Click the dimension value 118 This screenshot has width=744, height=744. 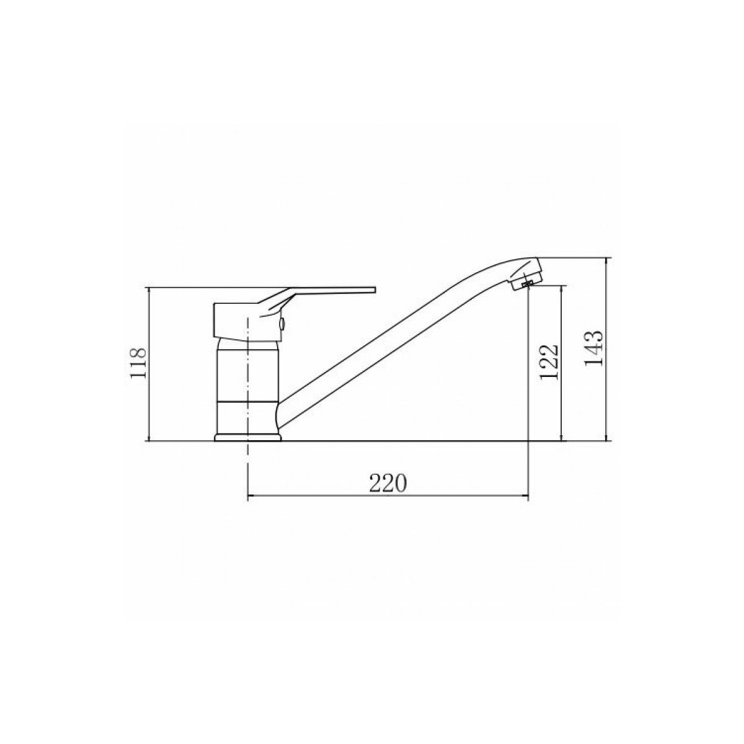(138, 363)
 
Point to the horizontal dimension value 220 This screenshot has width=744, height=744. (388, 483)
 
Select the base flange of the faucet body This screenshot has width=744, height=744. (247, 437)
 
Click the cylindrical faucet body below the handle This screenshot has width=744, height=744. (247, 386)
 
